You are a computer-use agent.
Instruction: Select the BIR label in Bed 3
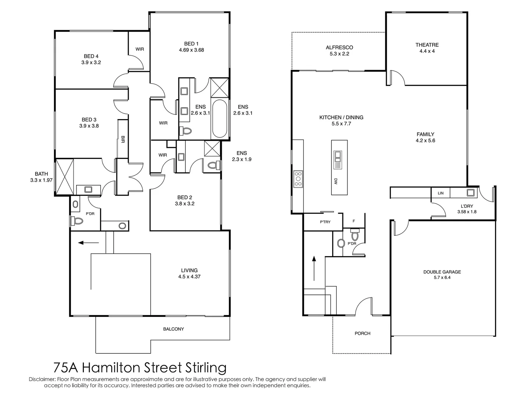[x=123, y=139]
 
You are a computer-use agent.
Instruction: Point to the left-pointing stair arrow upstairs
[x=89, y=242]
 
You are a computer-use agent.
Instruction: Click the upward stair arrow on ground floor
[x=314, y=269]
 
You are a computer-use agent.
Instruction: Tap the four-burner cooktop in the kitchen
[x=298, y=179]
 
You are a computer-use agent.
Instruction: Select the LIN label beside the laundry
[x=441, y=193]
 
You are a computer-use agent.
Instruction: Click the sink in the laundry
[x=470, y=192]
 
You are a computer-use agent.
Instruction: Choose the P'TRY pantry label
[x=325, y=222]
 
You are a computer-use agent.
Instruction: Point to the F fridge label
[x=354, y=221]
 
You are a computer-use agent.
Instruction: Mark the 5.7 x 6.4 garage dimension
[x=442, y=277]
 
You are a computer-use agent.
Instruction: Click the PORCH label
[x=362, y=333]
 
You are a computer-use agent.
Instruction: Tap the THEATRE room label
[x=427, y=45]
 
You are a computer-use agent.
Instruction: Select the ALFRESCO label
[x=339, y=48]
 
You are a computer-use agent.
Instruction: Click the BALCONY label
[x=174, y=329]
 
